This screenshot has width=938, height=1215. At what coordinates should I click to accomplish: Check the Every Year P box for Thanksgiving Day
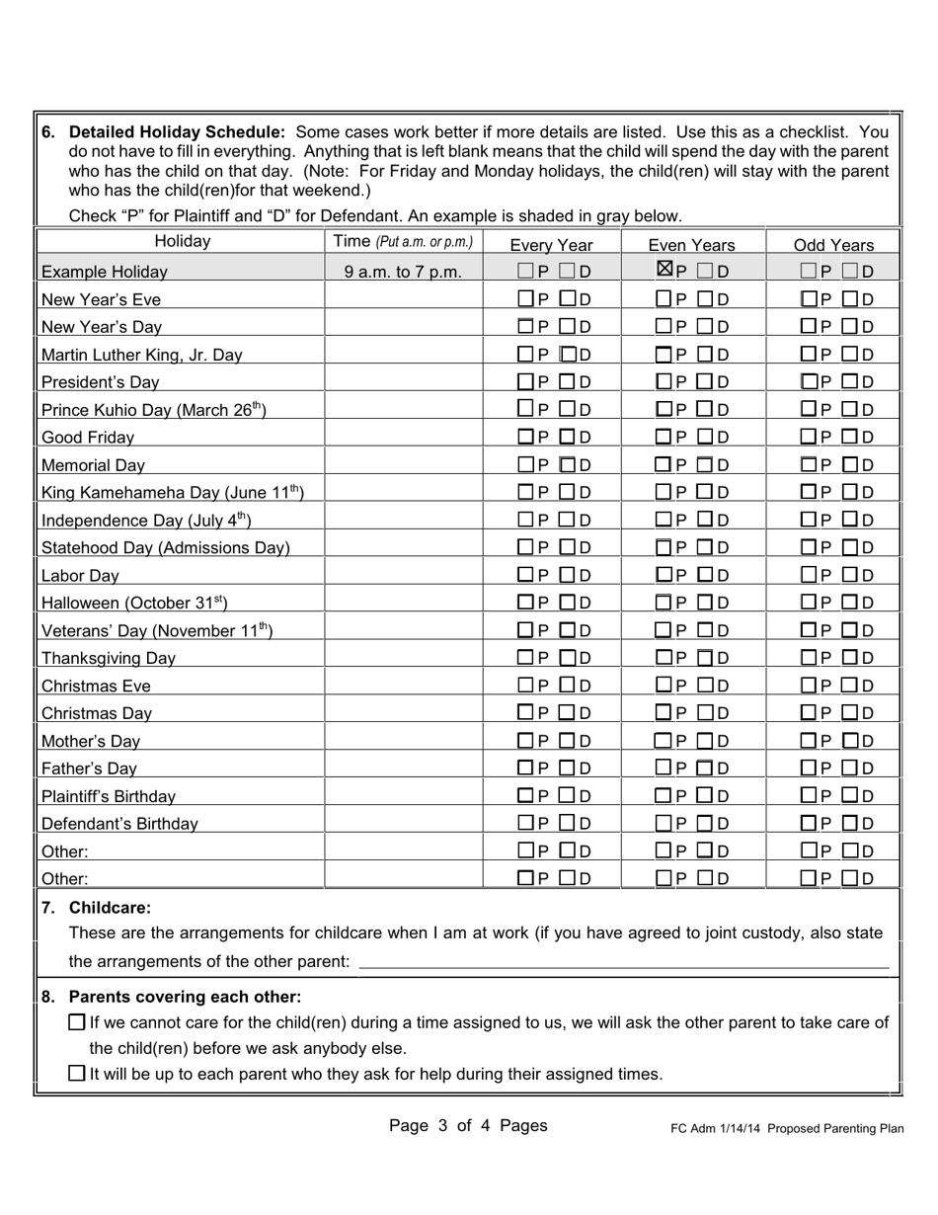(526, 658)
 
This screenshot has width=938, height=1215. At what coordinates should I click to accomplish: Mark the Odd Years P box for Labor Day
(808, 575)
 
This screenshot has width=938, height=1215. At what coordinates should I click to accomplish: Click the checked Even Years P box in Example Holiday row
(665, 270)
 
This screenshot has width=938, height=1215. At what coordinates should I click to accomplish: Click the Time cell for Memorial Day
(403, 464)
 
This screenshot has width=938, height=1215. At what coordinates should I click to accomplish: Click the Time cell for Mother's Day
(403, 741)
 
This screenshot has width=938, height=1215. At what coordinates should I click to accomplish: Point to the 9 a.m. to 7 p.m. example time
(403, 272)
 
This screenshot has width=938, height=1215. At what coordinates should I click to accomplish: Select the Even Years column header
(692, 245)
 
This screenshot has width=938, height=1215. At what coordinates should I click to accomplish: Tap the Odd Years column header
(834, 245)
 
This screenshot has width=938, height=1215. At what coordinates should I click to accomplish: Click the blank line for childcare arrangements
(623, 961)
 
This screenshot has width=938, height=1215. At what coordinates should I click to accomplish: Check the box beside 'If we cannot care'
(77, 1022)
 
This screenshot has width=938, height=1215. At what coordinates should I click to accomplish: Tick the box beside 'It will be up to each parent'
(77, 1073)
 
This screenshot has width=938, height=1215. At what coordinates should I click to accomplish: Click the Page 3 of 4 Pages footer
(468, 1125)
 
